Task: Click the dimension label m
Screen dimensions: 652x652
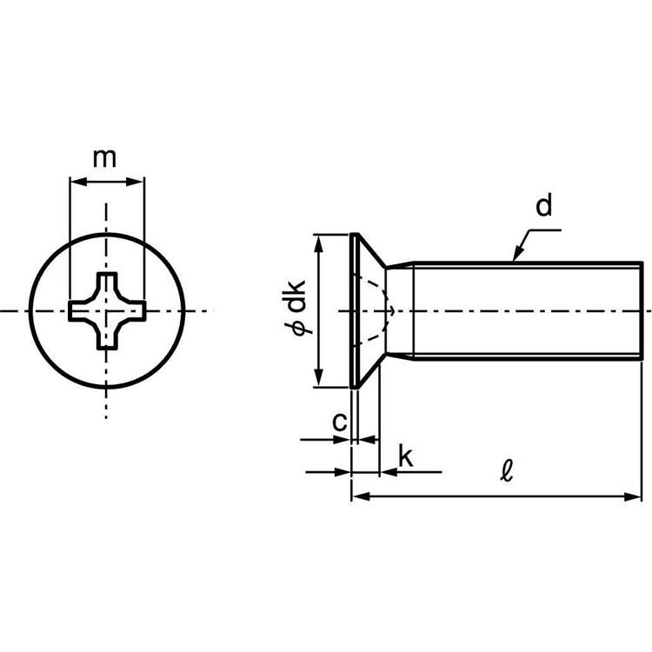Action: tap(105, 158)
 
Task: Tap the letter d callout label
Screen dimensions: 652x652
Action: tap(544, 207)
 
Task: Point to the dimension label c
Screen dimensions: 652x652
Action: tap(341, 422)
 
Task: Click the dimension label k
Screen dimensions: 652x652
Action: tap(404, 456)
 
